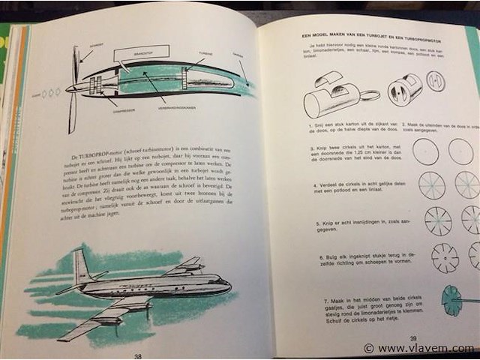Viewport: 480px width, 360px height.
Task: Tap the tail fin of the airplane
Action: [x=80, y=266]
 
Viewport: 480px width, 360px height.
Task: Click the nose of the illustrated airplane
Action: [x=227, y=286]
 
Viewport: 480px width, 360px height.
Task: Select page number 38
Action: [x=137, y=355]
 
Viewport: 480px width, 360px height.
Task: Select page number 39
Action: [x=415, y=338]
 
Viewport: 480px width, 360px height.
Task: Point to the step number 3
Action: [x=310, y=148]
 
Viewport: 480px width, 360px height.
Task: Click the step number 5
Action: [x=310, y=223]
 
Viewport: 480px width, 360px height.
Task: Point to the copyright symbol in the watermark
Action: [x=368, y=349]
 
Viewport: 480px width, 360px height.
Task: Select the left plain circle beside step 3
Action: [x=425, y=151]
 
